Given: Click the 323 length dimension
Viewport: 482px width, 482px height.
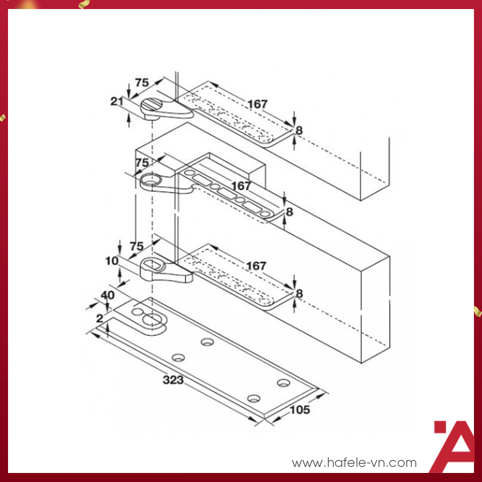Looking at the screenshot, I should (173, 380).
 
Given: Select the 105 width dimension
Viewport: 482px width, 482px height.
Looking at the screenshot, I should (300, 410).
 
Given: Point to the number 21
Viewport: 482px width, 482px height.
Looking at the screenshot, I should (117, 101).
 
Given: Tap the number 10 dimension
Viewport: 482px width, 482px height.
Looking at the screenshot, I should (112, 261).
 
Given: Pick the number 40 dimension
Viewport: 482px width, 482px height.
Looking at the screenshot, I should (107, 295).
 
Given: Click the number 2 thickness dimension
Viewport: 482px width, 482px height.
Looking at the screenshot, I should (100, 318).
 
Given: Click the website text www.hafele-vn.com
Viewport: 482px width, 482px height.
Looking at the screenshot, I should (354, 462).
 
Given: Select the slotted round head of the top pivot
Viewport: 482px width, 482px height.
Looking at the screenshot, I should (152, 105).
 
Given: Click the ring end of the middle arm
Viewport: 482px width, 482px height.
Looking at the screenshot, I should (150, 180).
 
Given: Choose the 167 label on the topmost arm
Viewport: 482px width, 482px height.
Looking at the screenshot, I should (257, 104).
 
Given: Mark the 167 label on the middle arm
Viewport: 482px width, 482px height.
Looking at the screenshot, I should (241, 186).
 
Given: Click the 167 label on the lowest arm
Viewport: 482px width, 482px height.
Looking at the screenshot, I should (257, 266).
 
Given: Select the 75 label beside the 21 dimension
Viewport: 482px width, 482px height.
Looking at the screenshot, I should (142, 83).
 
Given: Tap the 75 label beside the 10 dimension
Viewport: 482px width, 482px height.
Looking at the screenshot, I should (137, 246).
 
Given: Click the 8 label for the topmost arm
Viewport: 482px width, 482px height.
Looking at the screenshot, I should (299, 131).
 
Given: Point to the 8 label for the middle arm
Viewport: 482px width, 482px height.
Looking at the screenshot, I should (289, 212).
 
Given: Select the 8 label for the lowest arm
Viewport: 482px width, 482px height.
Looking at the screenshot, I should (299, 294).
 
